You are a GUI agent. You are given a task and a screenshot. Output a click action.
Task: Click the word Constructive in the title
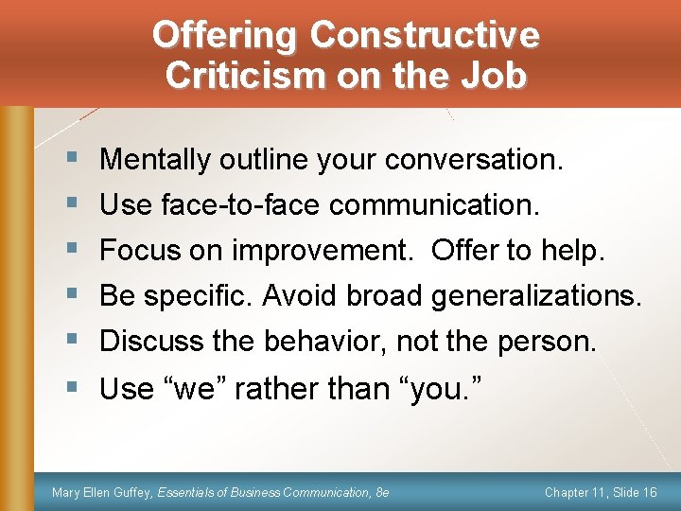click(x=425, y=36)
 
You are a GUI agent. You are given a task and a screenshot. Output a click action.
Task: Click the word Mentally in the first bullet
click(x=155, y=160)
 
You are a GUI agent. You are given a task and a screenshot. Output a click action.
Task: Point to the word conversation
click(x=474, y=160)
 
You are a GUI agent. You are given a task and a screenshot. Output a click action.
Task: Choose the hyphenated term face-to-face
click(x=239, y=204)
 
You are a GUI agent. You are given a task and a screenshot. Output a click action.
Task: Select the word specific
click(x=198, y=295)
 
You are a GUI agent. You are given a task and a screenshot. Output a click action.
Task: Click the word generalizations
click(x=536, y=295)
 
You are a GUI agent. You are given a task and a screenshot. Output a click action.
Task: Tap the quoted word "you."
click(x=446, y=388)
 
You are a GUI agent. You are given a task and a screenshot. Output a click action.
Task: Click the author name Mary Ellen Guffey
click(x=102, y=492)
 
